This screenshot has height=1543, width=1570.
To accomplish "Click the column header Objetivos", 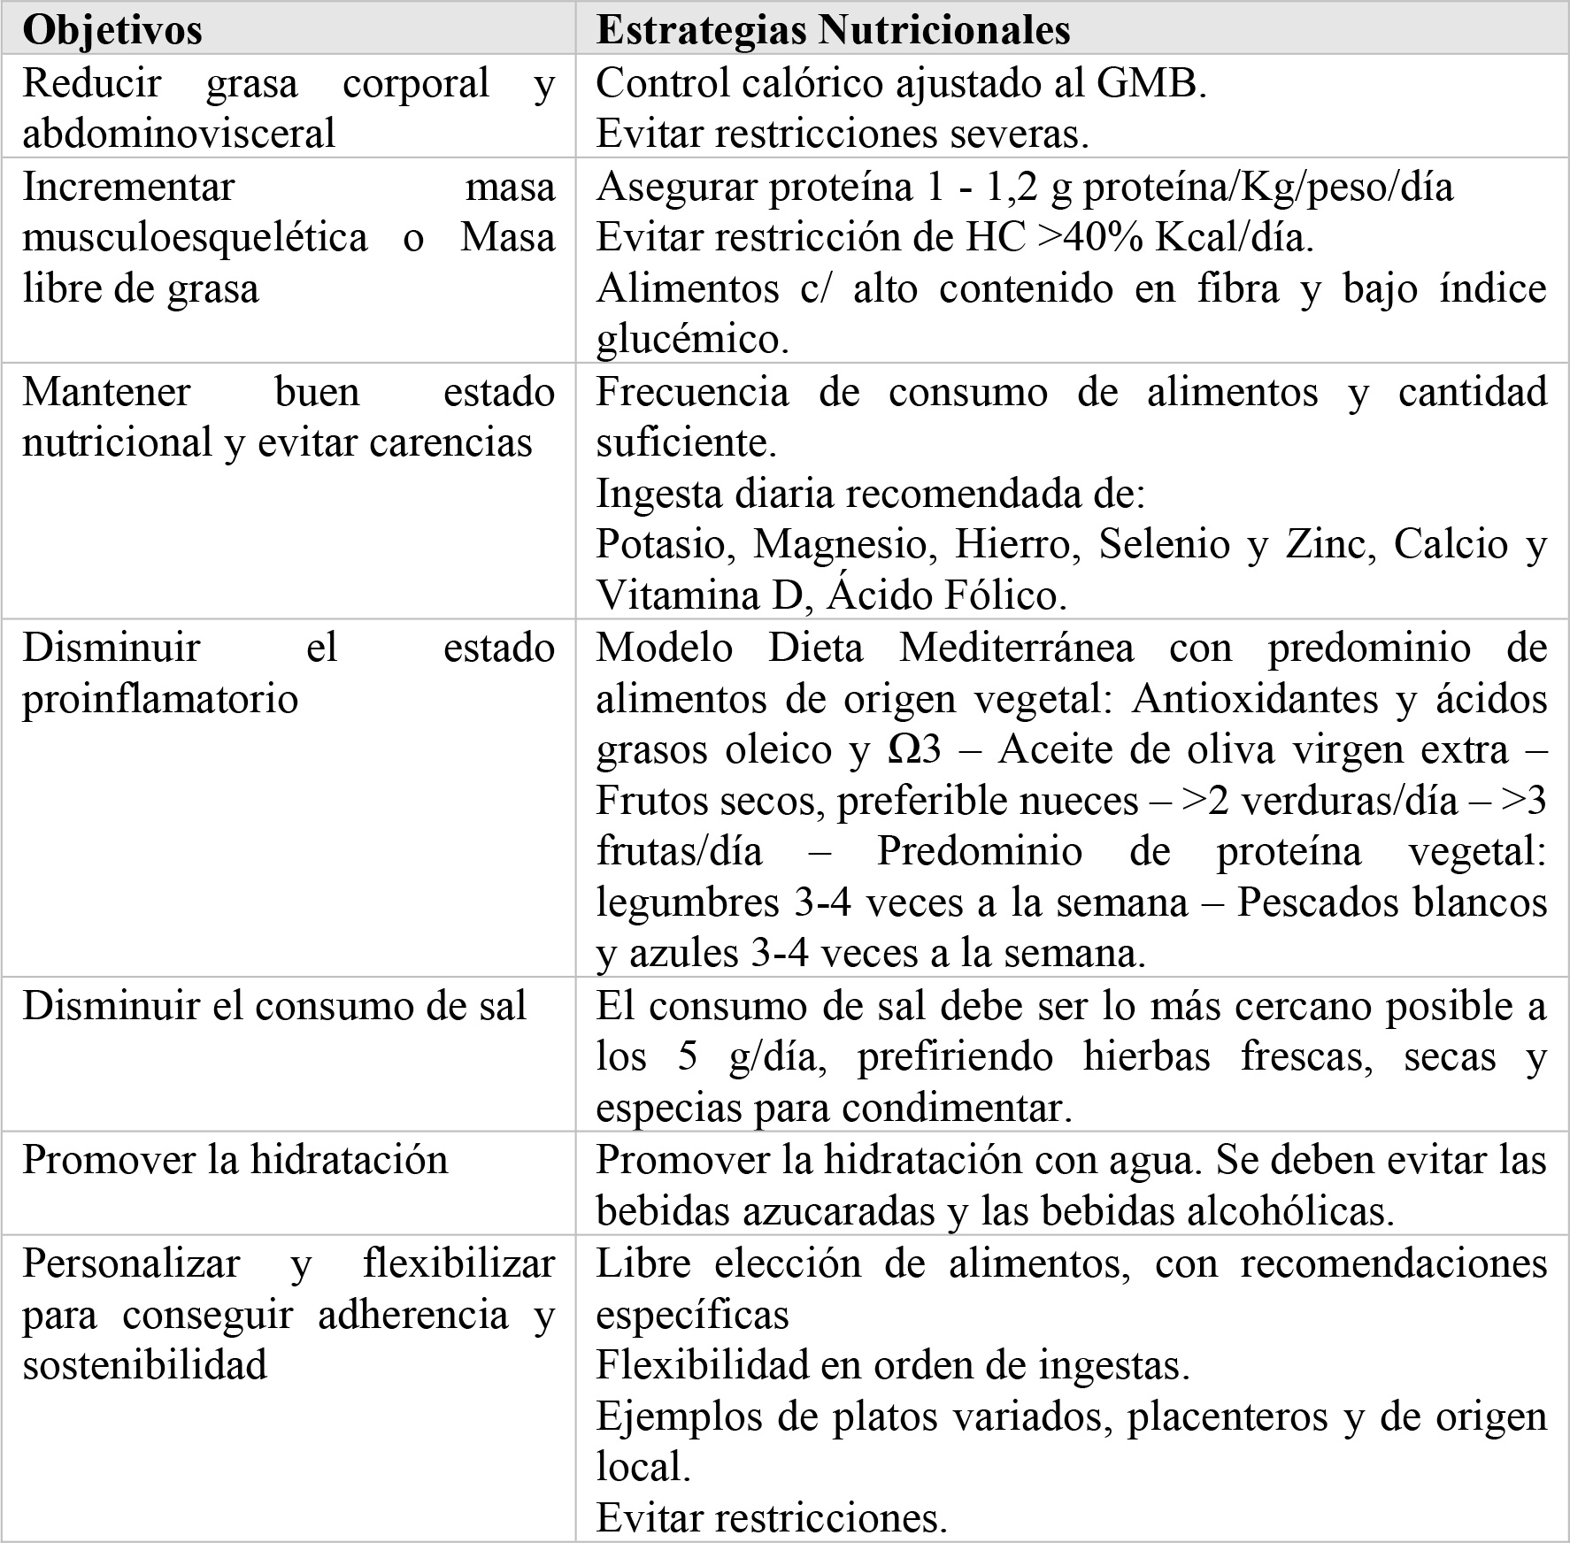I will click(112, 30).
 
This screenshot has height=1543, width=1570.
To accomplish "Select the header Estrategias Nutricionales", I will click(833, 30).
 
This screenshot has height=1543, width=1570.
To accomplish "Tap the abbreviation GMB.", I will click(1151, 83).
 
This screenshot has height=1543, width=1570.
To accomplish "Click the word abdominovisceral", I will click(179, 134).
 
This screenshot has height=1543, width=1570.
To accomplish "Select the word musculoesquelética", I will click(195, 237).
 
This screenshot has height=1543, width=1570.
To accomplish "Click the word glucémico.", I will click(692, 340).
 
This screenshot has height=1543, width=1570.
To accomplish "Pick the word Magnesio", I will click(844, 544).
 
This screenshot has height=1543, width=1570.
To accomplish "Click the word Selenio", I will click(1164, 544).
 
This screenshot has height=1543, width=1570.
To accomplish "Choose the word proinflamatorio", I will click(160, 699).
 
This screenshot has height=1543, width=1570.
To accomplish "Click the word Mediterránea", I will click(1016, 648).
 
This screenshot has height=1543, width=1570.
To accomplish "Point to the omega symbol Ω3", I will click(913, 750).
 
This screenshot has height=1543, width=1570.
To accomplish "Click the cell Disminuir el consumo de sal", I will click(274, 1006).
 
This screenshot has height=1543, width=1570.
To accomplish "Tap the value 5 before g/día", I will click(688, 1057).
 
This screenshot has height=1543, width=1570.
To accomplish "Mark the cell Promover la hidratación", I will click(235, 1160).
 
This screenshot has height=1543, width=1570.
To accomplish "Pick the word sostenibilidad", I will click(145, 1365).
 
